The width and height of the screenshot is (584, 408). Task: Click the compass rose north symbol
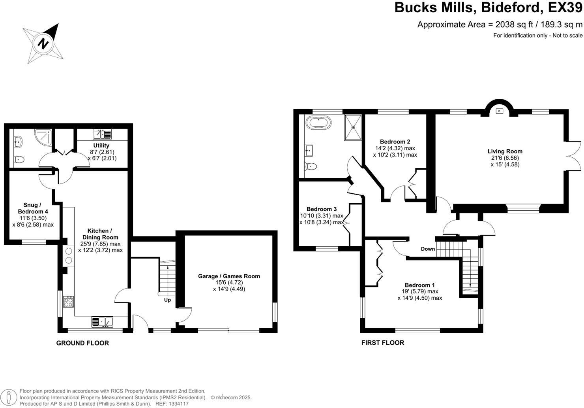[43, 43]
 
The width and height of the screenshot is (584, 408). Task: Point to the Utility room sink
[102, 134]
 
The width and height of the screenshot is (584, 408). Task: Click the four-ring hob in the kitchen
[68, 302]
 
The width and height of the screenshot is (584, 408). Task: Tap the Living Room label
[505, 151]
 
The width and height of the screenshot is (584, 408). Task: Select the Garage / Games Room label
[229, 276]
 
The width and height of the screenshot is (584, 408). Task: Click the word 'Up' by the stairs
[167, 300]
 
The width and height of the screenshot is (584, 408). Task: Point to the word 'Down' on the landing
[428, 249]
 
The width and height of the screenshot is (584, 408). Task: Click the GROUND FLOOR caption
[82, 343]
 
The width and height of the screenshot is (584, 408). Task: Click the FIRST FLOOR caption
[383, 343]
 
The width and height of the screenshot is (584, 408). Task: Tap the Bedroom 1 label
[419, 285]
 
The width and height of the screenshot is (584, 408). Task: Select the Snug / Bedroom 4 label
[33, 208]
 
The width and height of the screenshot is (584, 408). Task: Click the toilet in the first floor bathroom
[311, 166]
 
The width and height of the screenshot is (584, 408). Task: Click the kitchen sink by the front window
[102, 322]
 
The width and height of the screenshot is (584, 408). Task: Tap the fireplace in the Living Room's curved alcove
[499, 111]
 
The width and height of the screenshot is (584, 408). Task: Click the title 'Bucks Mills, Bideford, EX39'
[488, 8]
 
